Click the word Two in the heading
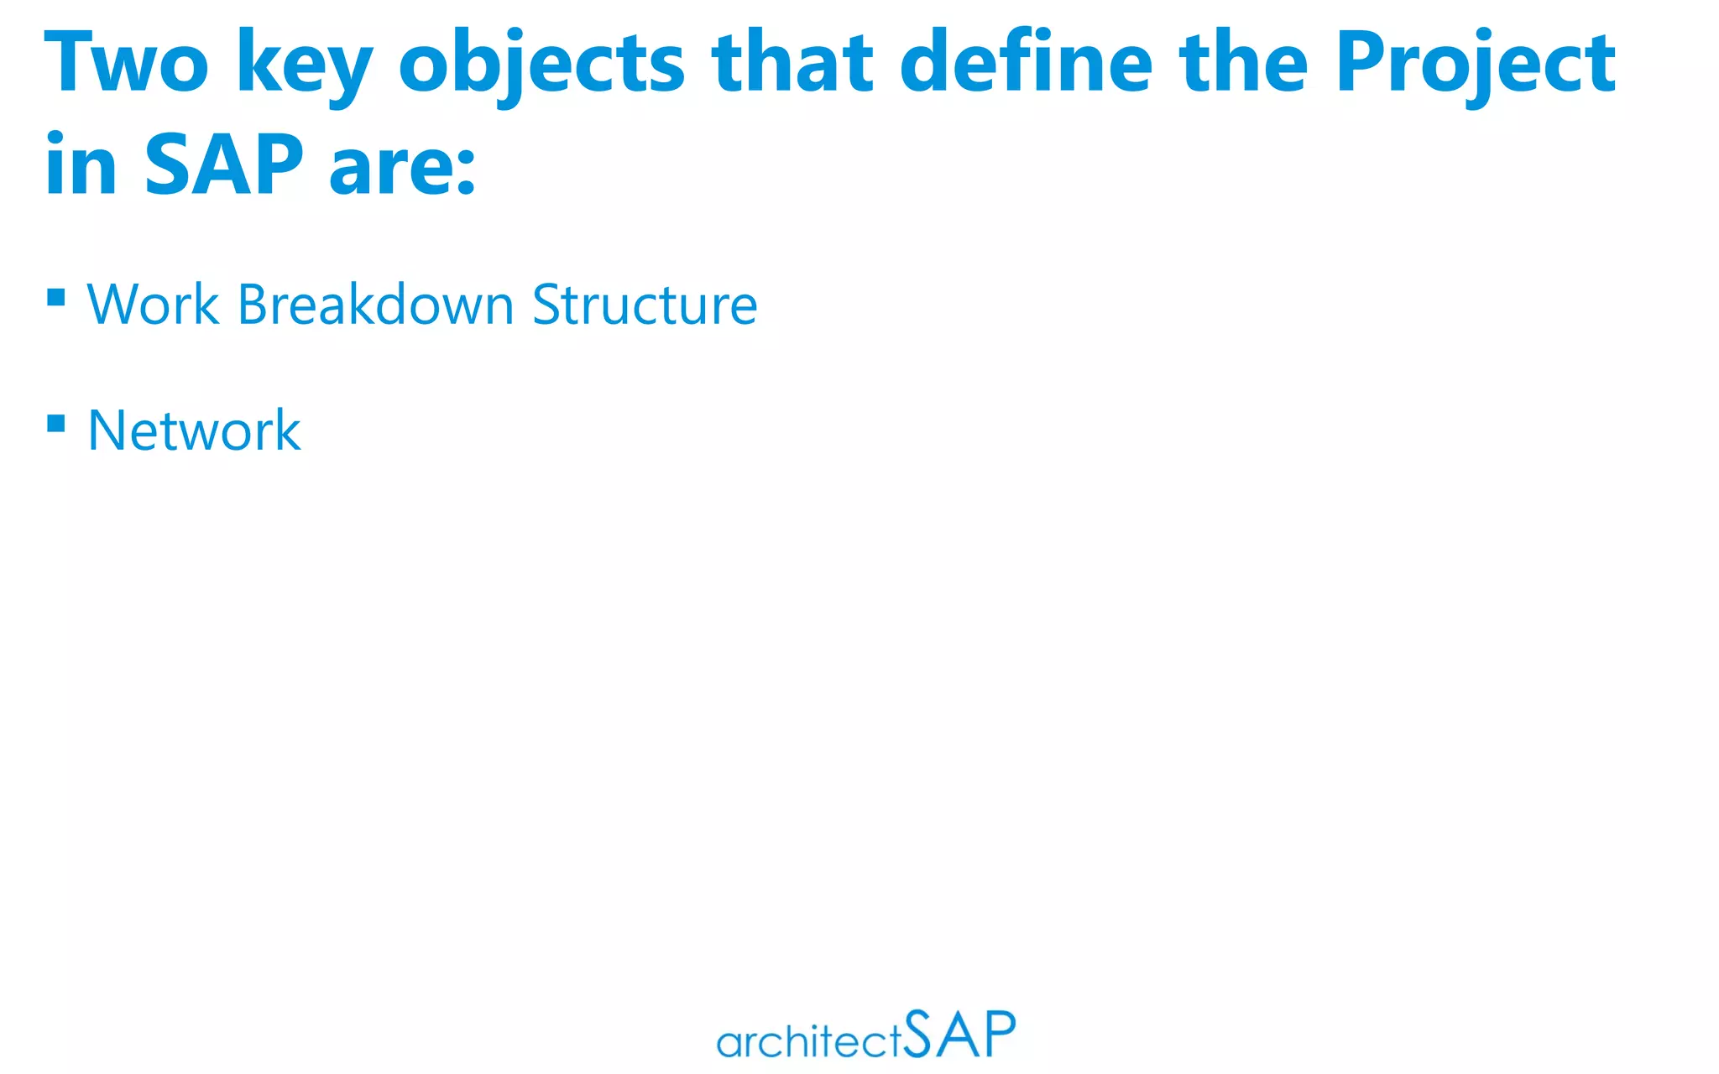click(x=126, y=62)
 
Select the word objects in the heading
click(x=541, y=64)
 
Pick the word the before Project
click(x=1243, y=62)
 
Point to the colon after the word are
click(x=466, y=171)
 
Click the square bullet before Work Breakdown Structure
click(x=56, y=298)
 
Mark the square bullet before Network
click(x=56, y=423)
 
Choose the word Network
click(x=194, y=430)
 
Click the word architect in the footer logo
click(x=809, y=1042)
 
